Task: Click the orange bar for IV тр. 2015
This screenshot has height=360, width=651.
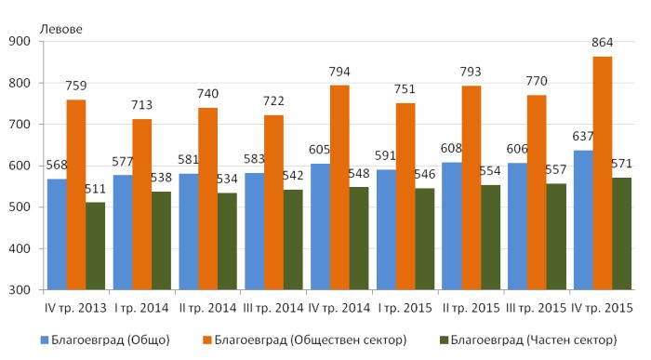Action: (x=603, y=173)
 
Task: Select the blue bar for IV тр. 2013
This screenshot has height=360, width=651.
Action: (x=57, y=234)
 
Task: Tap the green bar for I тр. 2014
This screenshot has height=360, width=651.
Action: (x=161, y=241)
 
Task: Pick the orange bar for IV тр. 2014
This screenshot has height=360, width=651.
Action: (x=339, y=188)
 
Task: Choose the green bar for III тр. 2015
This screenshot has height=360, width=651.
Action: (x=556, y=236)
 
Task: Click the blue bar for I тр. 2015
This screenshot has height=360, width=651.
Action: (x=386, y=230)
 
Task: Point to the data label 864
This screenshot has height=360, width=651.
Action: (x=602, y=43)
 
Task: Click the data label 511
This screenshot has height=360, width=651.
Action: (x=95, y=190)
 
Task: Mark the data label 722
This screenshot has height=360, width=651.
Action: (x=273, y=100)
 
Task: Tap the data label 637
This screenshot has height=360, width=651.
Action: (x=583, y=136)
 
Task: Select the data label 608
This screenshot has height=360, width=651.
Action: (x=451, y=148)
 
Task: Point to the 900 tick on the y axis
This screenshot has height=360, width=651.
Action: (x=20, y=42)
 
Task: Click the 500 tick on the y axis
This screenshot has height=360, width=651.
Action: (x=20, y=207)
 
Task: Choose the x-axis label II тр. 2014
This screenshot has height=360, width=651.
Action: (x=207, y=308)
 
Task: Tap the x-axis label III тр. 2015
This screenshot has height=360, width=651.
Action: (x=537, y=308)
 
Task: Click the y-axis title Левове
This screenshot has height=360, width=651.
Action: (x=61, y=29)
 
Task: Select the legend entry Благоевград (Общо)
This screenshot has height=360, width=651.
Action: (x=105, y=340)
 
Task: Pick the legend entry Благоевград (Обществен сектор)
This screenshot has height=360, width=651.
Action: (x=305, y=340)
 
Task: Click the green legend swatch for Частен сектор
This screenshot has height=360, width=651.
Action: (x=445, y=340)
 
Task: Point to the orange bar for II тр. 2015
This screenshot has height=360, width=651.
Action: (x=472, y=188)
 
